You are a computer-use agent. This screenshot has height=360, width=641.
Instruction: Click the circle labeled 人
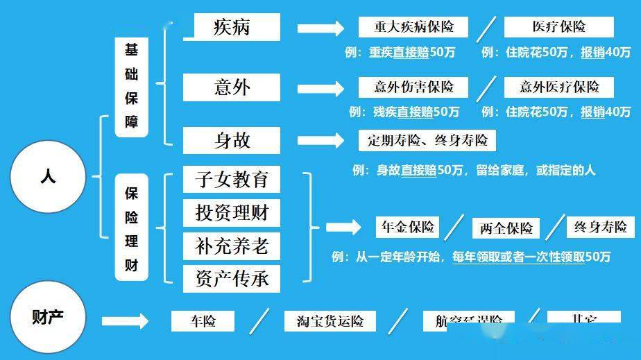(x=48, y=177)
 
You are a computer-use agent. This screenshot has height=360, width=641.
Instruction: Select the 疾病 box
(x=232, y=27)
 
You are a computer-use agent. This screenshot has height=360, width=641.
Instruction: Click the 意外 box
(x=232, y=87)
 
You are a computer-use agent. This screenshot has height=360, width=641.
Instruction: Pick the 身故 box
(x=232, y=140)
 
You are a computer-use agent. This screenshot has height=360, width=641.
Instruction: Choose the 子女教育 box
(x=232, y=180)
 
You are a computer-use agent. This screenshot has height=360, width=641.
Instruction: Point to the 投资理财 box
(x=232, y=213)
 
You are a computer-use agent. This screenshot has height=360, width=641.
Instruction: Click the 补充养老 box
(x=232, y=246)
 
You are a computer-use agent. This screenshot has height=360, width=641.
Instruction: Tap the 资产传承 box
(x=232, y=278)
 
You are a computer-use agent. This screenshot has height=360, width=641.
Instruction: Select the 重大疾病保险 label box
(x=413, y=27)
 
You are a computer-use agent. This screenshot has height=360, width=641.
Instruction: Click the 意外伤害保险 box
(x=413, y=87)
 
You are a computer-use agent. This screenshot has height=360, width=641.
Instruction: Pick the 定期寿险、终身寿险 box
(x=427, y=141)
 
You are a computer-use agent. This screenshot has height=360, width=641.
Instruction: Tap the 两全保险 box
(x=506, y=228)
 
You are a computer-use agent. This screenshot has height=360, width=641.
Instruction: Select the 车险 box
(x=203, y=321)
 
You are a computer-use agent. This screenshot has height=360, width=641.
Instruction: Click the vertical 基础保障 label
(x=131, y=87)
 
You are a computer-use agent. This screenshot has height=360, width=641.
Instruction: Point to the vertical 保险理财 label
(x=131, y=228)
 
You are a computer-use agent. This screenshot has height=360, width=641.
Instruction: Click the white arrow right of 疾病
(x=320, y=28)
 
